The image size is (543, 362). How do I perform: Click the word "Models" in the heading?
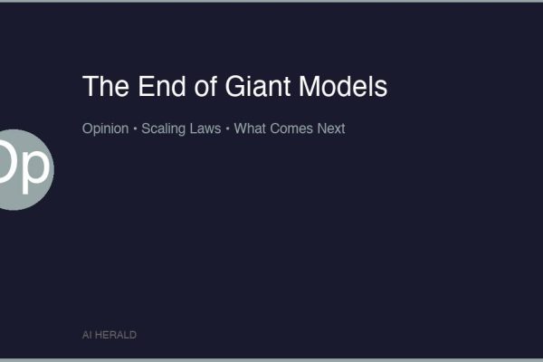coord(343,87)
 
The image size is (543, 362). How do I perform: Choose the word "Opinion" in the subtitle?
coord(105,129)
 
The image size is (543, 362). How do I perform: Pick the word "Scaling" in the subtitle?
coord(163,129)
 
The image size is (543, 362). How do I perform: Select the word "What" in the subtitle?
coord(249,129)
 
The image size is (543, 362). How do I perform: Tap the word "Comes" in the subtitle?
coord(291,129)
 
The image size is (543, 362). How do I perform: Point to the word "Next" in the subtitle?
coord(330,129)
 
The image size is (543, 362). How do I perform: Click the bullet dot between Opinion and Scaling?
coord(135,129)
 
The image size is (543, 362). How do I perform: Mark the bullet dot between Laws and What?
coord(227,129)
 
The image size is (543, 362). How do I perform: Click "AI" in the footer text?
coord(87,335)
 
